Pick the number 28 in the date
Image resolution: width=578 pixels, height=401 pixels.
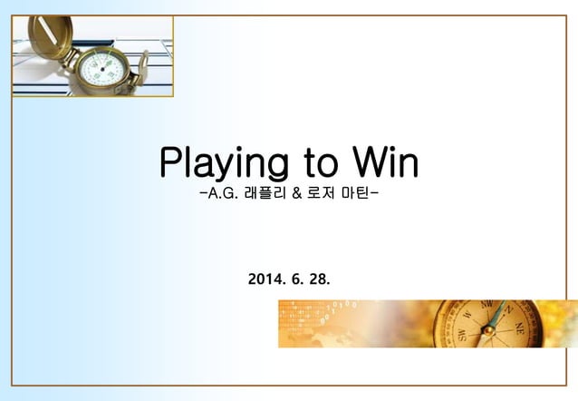click(319, 275)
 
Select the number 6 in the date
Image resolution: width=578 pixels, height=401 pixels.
click(294, 275)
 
